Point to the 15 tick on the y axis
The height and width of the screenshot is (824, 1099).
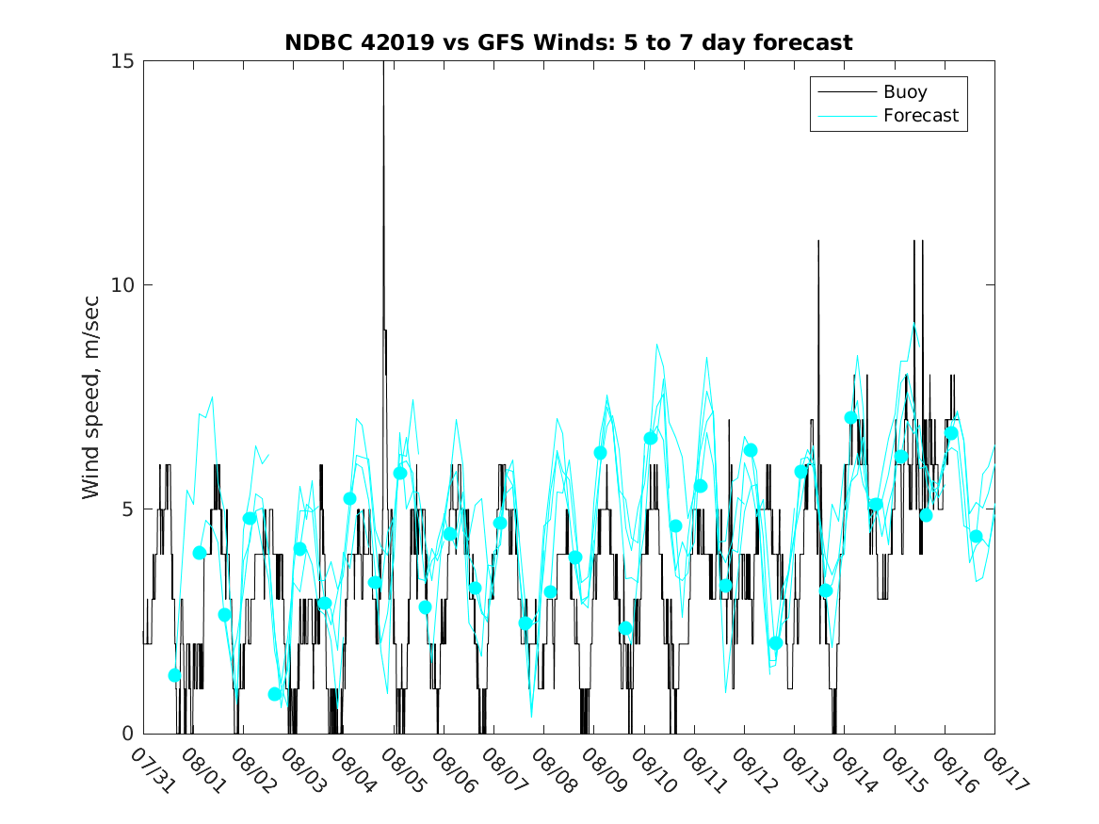(x=123, y=61)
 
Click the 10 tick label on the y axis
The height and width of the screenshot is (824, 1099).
(x=123, y=284)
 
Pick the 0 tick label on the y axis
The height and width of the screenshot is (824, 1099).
(x=129, y=733)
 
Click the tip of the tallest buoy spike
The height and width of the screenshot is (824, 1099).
(x=383, y=62)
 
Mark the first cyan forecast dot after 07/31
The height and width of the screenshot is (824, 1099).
(x=174, y=675)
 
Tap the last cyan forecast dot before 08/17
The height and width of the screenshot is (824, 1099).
(x=977, y=536)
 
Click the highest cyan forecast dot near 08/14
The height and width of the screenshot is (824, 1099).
(x=851, y=417)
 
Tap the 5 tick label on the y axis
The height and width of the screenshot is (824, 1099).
(x=129, y=509)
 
